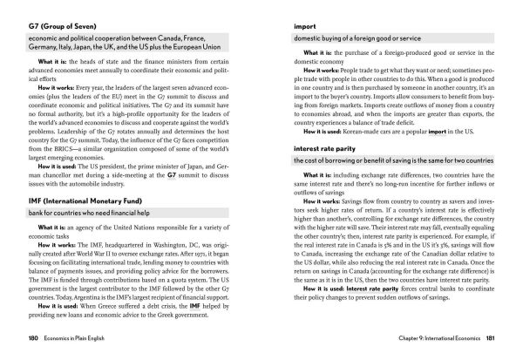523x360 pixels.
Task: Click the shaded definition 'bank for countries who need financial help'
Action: [92, 214]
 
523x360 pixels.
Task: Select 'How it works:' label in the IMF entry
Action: [54, 247]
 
